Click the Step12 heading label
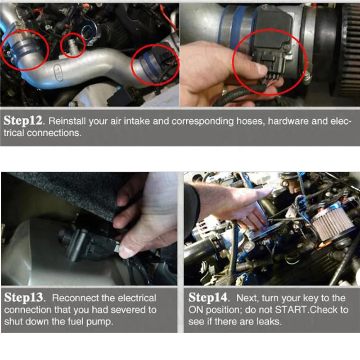point(23,121)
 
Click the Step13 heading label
point(24,297)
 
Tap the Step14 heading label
point(208,297)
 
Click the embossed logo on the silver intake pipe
point(58,73)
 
